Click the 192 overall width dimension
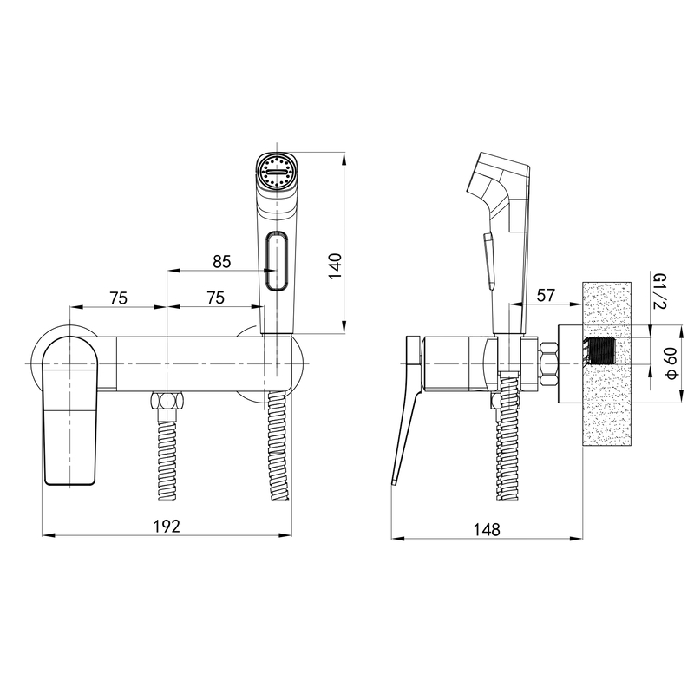pos(167,527)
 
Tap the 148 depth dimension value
pos(487,529)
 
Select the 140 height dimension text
pos(336,266)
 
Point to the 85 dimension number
pos(222,262)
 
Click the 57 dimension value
pos(546,295)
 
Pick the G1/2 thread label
pos(659,291)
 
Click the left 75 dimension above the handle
pos(119,298)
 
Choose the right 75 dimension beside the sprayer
pos(215,298)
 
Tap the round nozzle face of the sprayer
pos(277,171)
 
